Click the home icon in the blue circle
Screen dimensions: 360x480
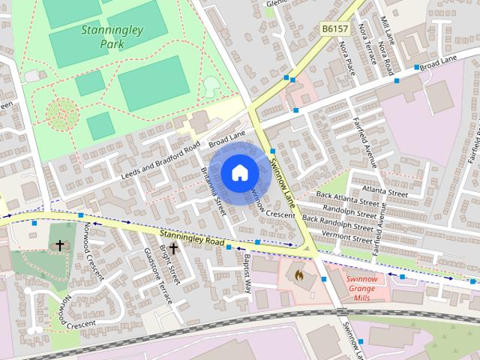point(239,173)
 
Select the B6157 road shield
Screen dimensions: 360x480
point(336,28)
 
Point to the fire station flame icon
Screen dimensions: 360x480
point(299,277)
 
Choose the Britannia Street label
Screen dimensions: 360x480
point(214,190)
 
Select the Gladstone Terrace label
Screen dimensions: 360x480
point(159,277)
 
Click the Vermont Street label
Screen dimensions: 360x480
point(346,237)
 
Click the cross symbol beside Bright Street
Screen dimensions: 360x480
point(173,248)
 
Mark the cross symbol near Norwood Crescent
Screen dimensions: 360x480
point(59,246)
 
